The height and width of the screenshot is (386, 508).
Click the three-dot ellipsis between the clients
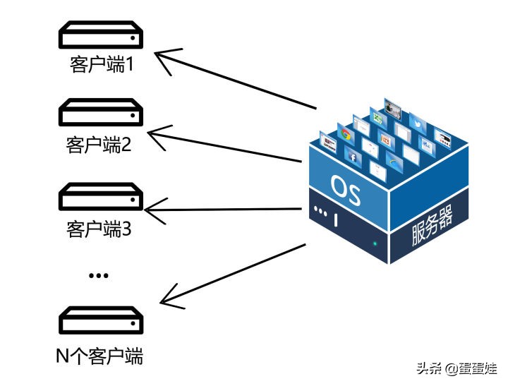point(98,275)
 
